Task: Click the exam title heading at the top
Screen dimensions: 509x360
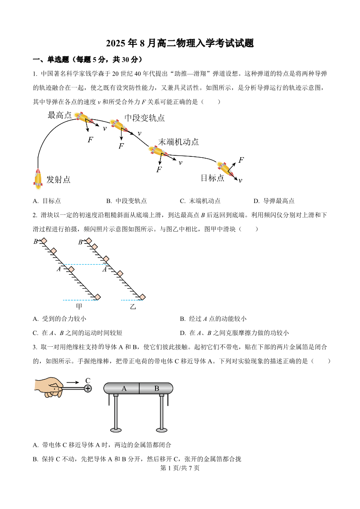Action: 180,44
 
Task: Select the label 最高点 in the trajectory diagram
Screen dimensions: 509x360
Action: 59,115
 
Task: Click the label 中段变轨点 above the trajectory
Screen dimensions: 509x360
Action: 145,118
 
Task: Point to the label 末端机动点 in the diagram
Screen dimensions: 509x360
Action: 179,141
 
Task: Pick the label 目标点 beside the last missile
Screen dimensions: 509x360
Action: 212,178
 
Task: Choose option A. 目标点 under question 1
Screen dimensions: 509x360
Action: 47,201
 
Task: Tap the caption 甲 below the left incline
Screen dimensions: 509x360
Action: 79,306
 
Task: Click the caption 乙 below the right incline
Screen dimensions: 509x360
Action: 133,306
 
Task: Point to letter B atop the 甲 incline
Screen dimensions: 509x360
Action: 35,242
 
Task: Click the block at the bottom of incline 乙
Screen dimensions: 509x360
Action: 142,297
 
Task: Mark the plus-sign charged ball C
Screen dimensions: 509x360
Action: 88,388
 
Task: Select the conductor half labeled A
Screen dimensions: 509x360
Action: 124,388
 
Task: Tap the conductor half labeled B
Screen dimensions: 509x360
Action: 156,388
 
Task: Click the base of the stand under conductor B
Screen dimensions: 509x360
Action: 161,429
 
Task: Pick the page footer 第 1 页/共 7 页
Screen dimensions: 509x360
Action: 180,468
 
